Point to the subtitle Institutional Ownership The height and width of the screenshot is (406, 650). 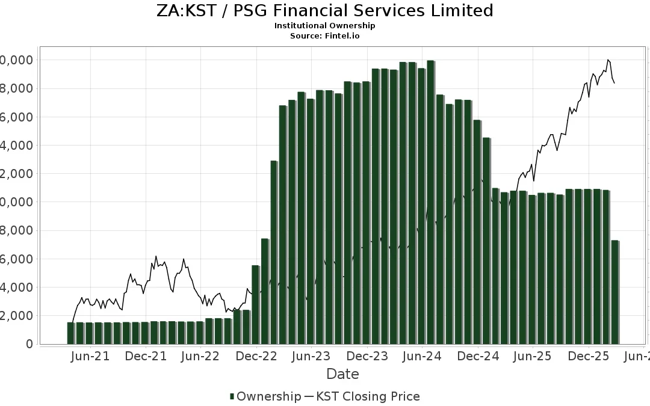[x=324, y=26]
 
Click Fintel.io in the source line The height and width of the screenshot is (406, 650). [x=344, y=36]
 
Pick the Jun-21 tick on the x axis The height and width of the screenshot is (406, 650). [x=90, y=356]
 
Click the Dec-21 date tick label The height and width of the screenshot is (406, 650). [x=146, y=356]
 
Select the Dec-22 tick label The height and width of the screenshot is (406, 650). [x=256, y=356]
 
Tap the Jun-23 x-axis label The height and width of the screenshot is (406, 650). [x=311, y=356]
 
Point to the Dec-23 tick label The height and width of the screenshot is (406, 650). [x=367, y=356]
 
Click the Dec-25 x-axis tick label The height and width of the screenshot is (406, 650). [x=588, y=356]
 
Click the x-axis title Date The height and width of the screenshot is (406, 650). [x=342, y=374]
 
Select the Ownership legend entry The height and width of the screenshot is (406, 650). [x=265, y=396]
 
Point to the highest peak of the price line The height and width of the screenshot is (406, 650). [x=608, y=60]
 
